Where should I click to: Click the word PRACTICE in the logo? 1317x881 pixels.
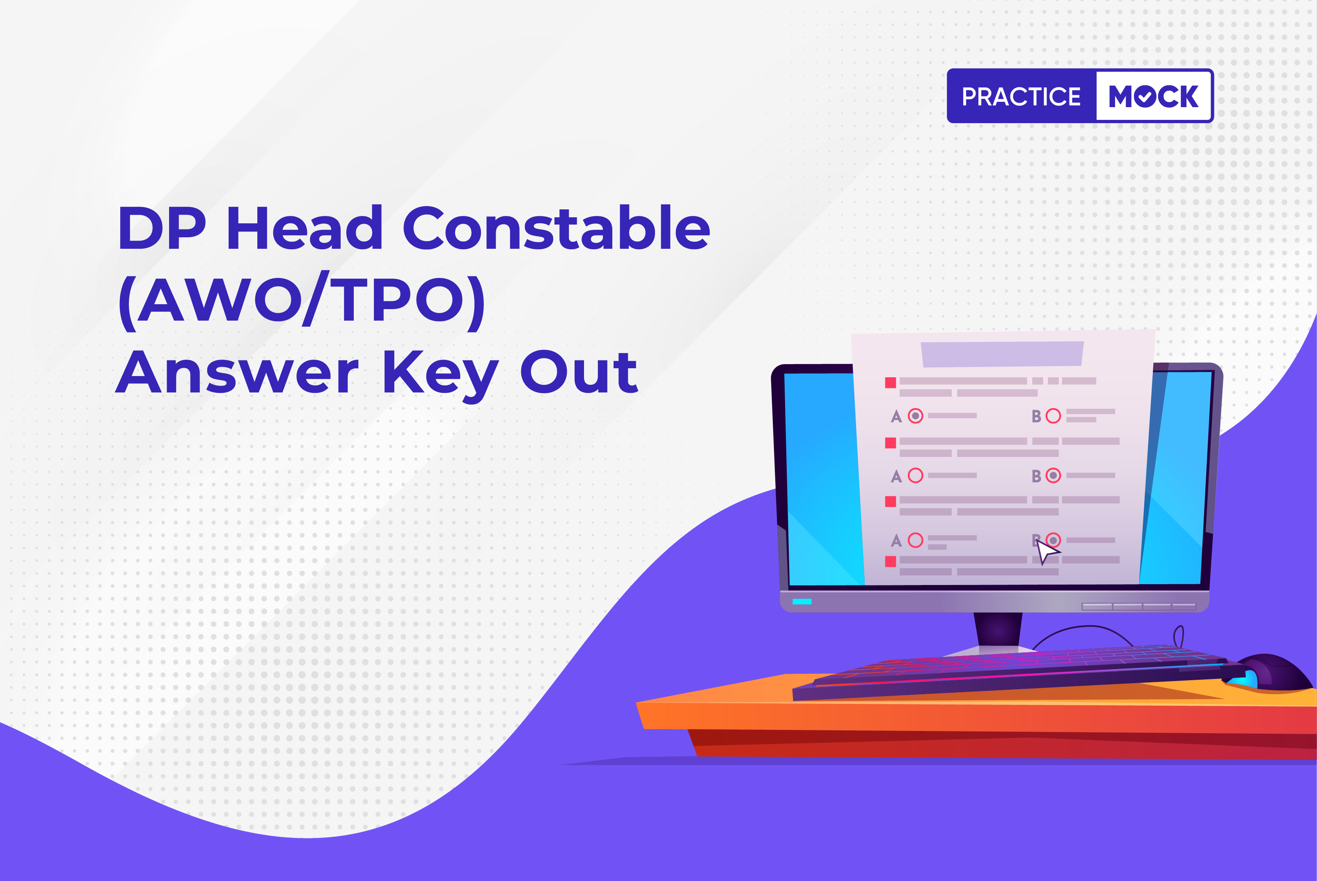(1021, 96)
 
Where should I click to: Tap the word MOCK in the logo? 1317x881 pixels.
(1154, 96)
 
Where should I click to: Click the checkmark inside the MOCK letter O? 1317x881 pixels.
(1145, 97)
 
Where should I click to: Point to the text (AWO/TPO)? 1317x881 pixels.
(302, 301)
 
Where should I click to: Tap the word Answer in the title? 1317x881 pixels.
(237, 372)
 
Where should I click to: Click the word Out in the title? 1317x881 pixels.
(579, 372)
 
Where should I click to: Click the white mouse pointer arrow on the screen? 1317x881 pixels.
(1046, 551)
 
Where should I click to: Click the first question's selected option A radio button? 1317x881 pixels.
(916, 416)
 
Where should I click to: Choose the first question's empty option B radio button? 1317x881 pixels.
(1053, 416)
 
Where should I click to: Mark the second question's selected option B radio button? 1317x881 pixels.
(1053, 475)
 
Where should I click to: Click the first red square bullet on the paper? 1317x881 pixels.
(890, 383)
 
